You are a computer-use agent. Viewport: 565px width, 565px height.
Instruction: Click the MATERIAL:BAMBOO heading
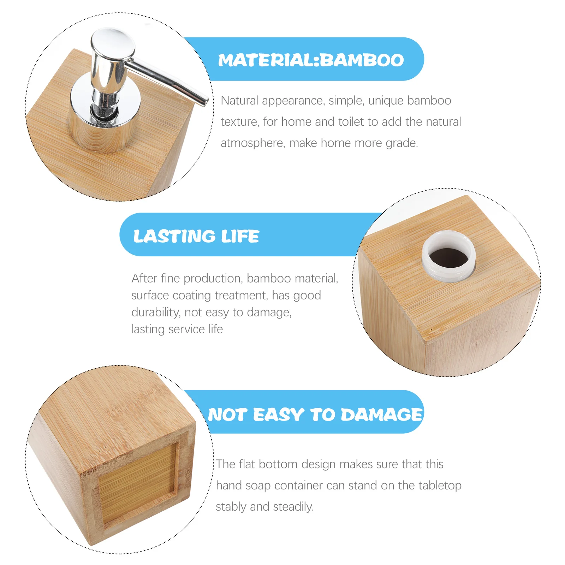tap(311, 60)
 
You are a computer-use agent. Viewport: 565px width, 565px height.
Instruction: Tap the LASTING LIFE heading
tap(196, 236)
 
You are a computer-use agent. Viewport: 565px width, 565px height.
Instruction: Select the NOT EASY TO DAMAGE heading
tap(315, 414)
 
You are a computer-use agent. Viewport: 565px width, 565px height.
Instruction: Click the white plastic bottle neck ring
tap(448, 272)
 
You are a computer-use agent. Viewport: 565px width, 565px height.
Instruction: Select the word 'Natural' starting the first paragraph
tap(240, 101)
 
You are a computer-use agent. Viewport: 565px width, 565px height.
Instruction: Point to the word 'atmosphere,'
tap(253, 143)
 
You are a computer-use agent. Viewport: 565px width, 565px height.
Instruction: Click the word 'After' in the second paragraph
tap(144, 278)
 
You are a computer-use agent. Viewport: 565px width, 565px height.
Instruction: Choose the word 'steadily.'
tap(293, 507)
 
